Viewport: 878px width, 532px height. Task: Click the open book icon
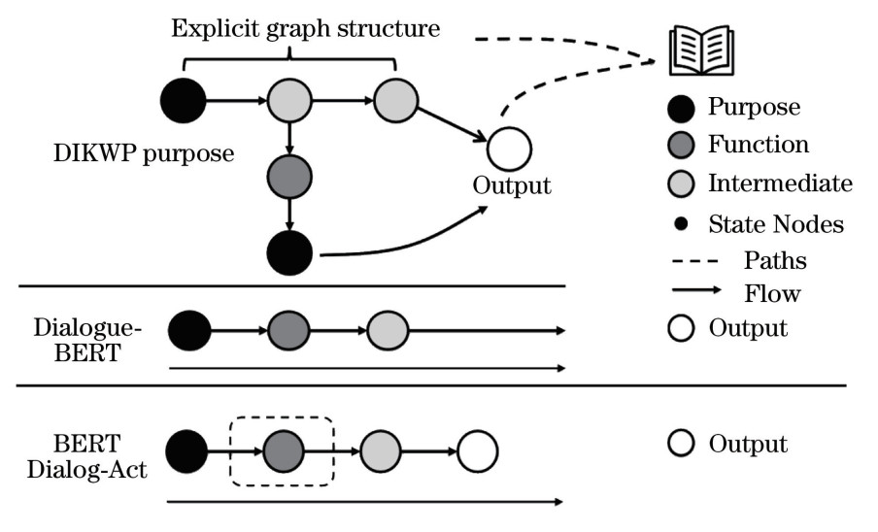(702, 49)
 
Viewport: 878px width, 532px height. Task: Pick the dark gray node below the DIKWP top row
(289, 176)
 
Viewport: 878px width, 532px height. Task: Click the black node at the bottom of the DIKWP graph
(289, 254)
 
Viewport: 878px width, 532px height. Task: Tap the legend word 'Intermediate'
(780, 183)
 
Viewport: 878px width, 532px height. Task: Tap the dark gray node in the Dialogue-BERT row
(288, 331)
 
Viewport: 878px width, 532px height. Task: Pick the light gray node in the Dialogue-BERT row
(388, 331)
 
